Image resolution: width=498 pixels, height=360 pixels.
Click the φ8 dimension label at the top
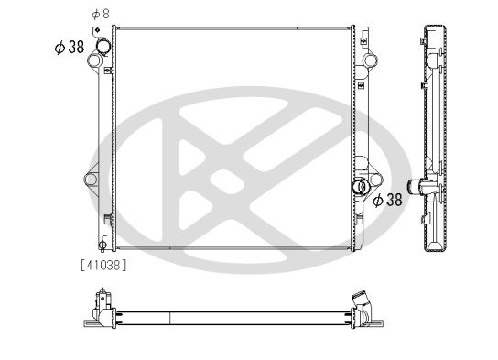[100, 14]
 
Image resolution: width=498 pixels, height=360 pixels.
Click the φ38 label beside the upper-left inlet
[70, 47]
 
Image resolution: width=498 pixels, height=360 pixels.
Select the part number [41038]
[103, 265]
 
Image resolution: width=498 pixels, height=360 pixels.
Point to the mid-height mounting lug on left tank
[92, 178]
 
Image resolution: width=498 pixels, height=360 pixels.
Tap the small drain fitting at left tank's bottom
[102, 245]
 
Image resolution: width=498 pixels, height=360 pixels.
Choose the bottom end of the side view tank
[437, 245]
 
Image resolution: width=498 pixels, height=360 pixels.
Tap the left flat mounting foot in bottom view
[89, 322]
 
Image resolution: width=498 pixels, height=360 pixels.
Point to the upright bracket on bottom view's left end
[101, 299]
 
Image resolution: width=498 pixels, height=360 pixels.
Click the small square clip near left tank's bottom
[108, 219]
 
